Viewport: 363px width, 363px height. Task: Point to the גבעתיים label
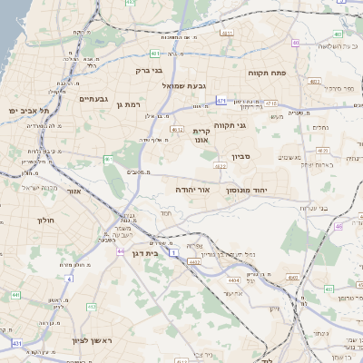click(94, 98)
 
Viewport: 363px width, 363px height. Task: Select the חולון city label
click(46, 221)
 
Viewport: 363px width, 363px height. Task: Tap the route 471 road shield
click(221, 101)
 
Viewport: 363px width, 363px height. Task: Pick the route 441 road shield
click(15, 295)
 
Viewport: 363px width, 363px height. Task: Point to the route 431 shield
click(16, 343)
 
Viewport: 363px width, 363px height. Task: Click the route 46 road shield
click(338, 227)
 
